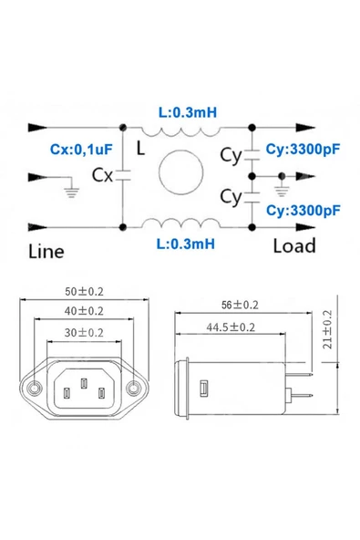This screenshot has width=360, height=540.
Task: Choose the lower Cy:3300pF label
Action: (303, 211)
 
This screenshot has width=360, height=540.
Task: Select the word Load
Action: (293, 245)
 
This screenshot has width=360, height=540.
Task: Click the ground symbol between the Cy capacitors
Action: (281, 184)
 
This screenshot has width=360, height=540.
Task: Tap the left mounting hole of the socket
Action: (35, 389)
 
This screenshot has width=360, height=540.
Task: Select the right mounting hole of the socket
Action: (135, 389)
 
